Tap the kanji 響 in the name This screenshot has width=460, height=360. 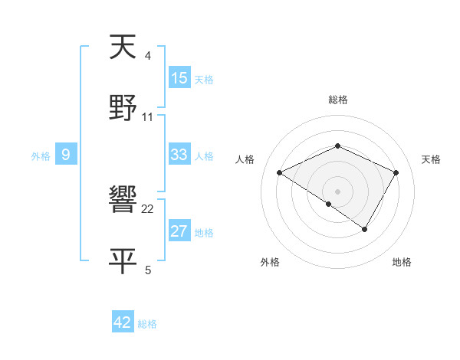pos(123,201)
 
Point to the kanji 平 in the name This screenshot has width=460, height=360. pos(123,260)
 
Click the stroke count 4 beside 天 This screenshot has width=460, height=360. pos(148,56)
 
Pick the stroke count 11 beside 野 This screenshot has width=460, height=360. pos(148,116)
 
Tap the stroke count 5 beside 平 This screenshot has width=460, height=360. pos(148,270)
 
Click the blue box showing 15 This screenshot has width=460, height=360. pos(179,78)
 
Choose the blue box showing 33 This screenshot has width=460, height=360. pos(179,155)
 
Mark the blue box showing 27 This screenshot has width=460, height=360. pos(179,231)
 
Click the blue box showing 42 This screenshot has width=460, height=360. pos(122,322)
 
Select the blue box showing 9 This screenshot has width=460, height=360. pos(66,155)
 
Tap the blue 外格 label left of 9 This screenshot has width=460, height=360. pos(41,156)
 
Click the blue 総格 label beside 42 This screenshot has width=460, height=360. pos(147,324)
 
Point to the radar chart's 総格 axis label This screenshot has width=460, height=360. pos(338,100)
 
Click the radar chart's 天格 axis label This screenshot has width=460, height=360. pos(431,159)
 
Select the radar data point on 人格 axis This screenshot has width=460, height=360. pos(280,173)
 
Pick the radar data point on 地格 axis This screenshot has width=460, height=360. pos(365,229)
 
